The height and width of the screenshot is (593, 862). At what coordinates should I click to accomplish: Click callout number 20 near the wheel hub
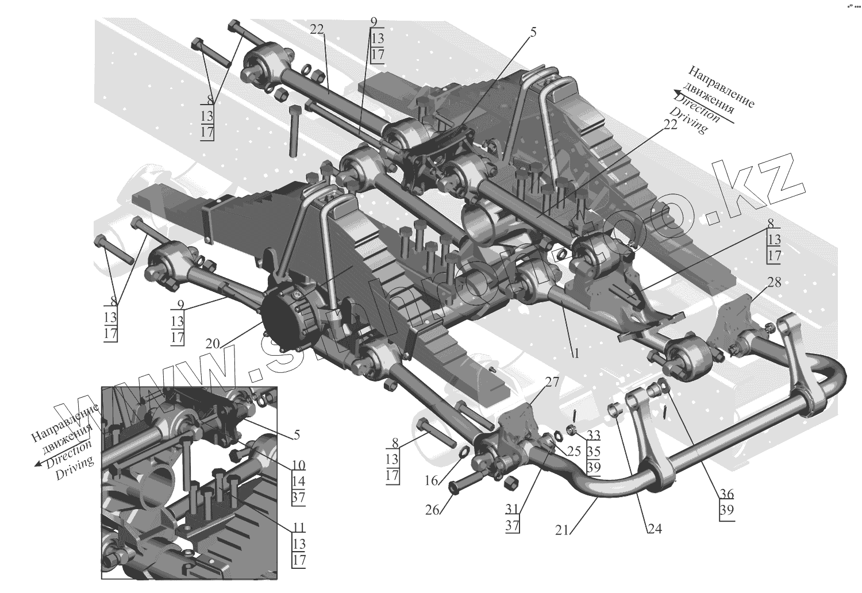coord(213,343)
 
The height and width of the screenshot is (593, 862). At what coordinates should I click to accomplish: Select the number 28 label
coord(774,282)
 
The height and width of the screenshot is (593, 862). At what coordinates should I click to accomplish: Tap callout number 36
coord(727,494)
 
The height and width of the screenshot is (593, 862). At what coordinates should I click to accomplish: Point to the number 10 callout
coord(298,465)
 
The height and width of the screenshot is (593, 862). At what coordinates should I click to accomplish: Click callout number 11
coord(298,527)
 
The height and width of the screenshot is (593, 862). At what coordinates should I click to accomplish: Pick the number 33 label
coord(594,436)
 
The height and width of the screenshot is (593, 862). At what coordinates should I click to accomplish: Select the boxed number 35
coord(594,452)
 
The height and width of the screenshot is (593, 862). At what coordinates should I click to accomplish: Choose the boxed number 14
coord(298,481)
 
